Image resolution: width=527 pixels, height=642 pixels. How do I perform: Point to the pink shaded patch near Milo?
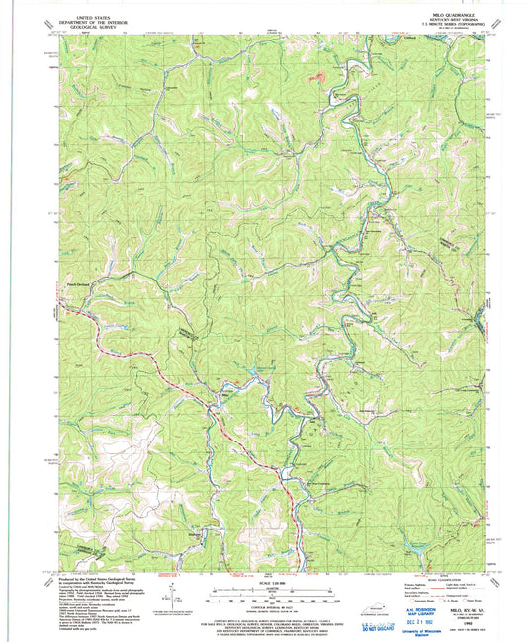[x=316, y=77]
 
